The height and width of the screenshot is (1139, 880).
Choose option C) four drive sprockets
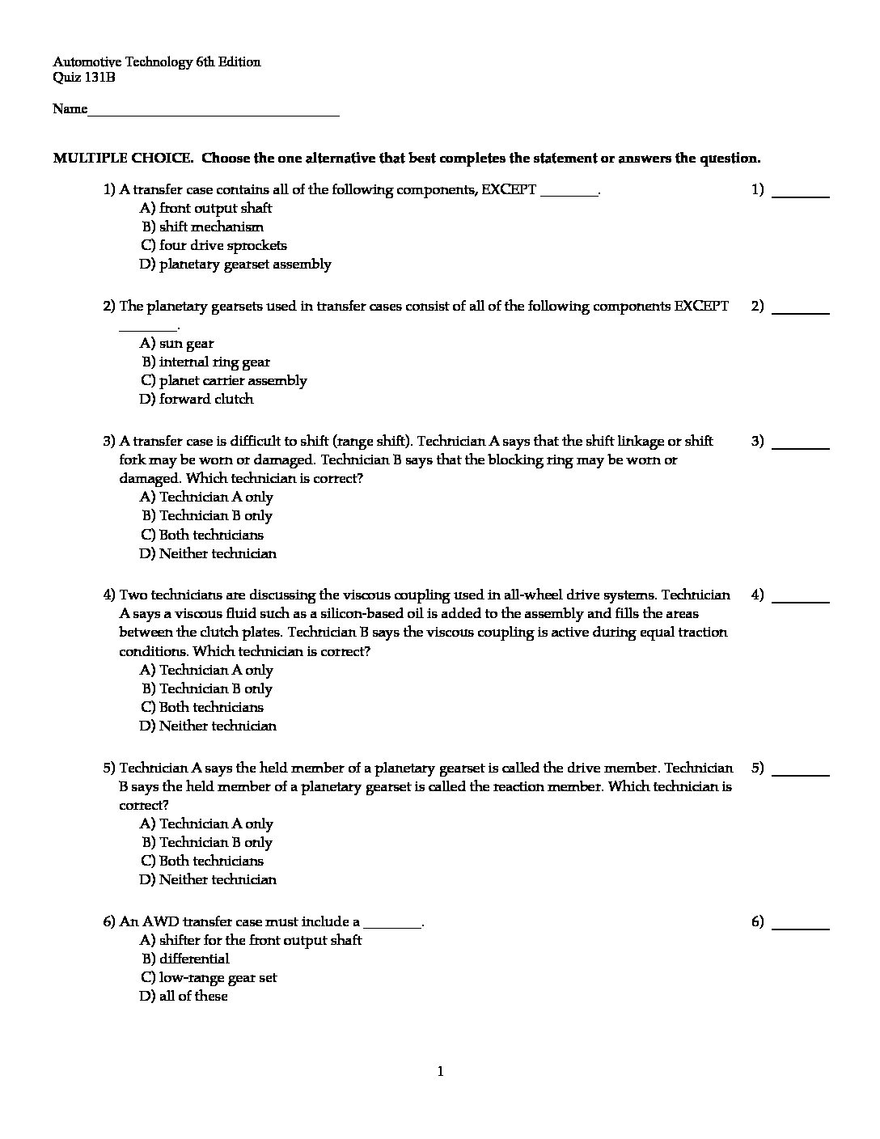(214, 245)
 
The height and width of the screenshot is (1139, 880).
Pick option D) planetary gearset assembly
(235, 264)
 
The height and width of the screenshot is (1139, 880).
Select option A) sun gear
(176, 343)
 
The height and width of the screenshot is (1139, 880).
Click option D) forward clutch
(197, 399)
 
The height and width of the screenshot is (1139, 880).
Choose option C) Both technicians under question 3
(201, 535)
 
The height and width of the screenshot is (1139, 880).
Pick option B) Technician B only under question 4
(207, 688)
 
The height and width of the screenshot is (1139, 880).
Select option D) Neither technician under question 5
(208, 879)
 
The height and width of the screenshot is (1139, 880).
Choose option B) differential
(185, 959)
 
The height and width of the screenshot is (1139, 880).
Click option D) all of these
(184, 996)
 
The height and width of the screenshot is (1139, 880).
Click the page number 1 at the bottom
(440, 1072)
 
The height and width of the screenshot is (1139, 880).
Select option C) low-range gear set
(209, 977)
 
